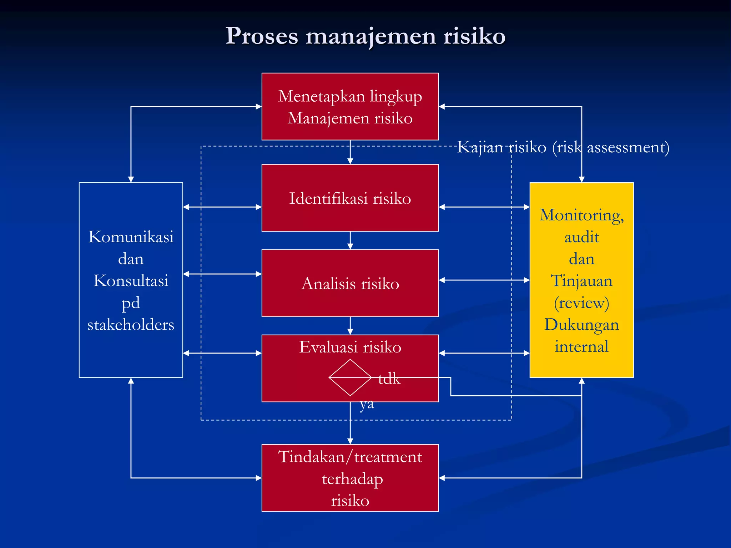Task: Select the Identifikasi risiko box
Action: (x=350, y=198)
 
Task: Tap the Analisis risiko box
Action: (x=350, y=283)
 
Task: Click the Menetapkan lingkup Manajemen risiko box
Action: (x=350, y=107)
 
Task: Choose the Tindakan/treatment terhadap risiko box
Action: (x=350, y=478)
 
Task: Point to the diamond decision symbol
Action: (x=350, y=377)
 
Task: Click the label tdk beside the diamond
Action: (x=389, y=379)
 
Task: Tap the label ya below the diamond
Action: (x=367, y=404)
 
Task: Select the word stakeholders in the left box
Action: (x=131, y=325)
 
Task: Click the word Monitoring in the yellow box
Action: (x=581, y=215)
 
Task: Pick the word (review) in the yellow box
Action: (x=581, y=303)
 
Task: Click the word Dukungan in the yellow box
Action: (x=581, y=325)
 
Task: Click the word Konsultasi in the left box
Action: (x=131, y=281)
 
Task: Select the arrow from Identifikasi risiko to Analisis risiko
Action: (x=350, y=240)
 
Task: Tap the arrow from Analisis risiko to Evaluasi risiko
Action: (x=350, y=325)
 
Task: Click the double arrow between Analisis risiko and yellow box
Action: (x=484, y=280)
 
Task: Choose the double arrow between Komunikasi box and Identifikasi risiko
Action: (x=222, y=207)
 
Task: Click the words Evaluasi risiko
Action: (x=350, y=347)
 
